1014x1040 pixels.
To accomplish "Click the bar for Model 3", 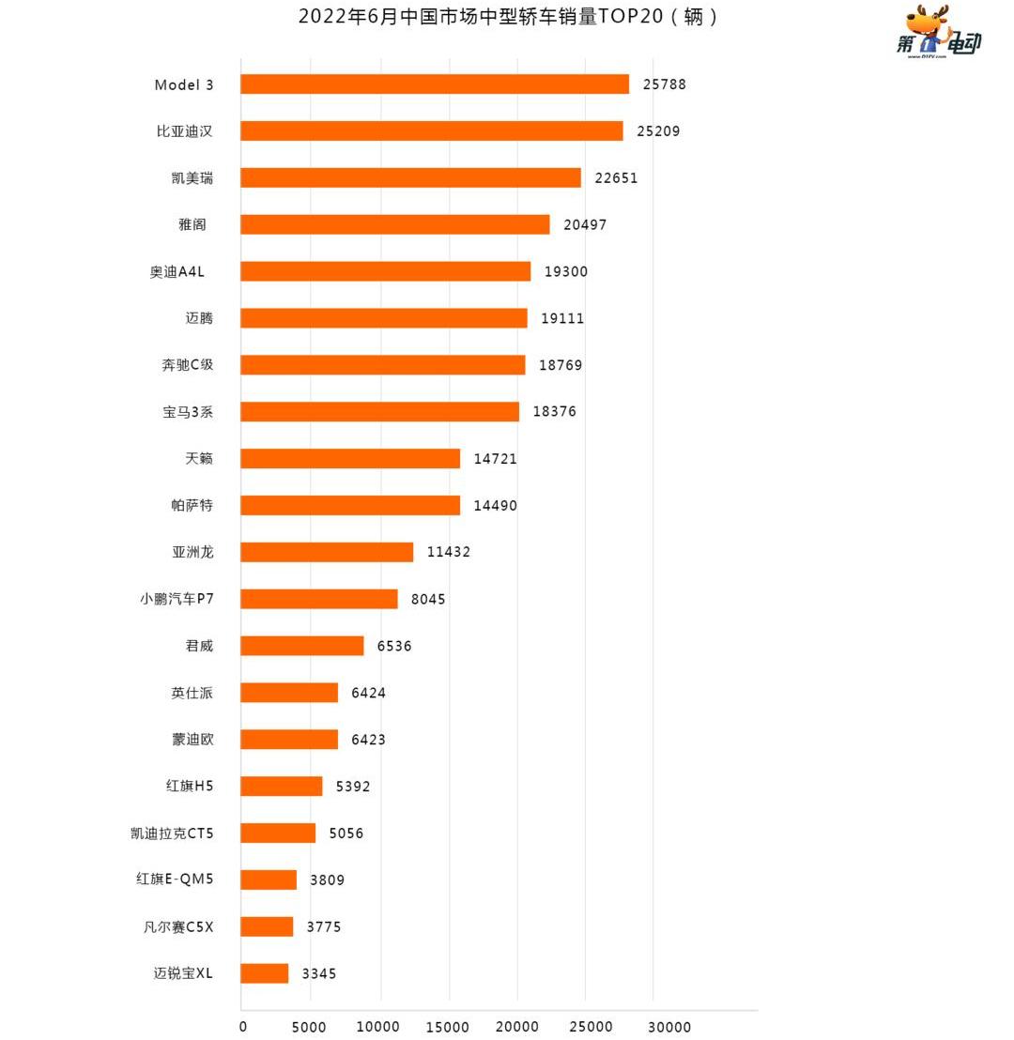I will point(434,84).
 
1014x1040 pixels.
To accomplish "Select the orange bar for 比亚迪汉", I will point(431,131).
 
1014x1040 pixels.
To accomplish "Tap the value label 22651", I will point(616,178).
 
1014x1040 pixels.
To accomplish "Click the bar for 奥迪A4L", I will point(385,271).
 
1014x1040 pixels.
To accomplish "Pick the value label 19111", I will point(562,318).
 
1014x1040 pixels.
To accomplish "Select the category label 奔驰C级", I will point(188,364).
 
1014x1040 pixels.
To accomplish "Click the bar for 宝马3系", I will point(379,411).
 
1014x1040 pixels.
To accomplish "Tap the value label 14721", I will point(495,458).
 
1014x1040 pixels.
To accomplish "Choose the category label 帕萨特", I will point(192,505).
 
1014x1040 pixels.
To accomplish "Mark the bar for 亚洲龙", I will point(327,552).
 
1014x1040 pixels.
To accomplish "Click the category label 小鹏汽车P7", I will point(177,598).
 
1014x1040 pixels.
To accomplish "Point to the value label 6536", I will point(394,646).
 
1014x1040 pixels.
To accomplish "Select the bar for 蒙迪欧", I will point(289,740).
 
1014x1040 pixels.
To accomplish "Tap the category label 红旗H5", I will point(190,786).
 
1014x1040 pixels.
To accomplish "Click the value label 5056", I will point(346,834).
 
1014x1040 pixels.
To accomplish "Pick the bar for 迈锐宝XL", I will point(264,973).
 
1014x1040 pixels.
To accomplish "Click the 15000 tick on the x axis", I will point(449,1027).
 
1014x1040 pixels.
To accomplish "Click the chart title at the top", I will point(508,17).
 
